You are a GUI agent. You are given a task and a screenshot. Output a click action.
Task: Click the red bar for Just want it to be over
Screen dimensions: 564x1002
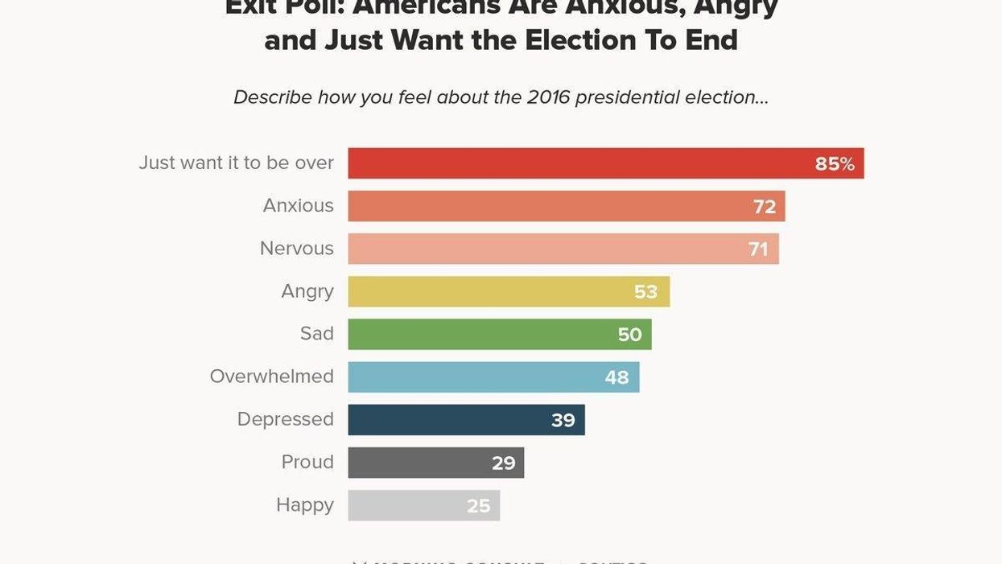click(x=579, y=163)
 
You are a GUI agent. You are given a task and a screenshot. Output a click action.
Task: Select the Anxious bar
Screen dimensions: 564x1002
click(x=547, y=206)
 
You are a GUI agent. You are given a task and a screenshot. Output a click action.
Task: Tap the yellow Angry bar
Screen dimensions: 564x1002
click(x=491, y=291)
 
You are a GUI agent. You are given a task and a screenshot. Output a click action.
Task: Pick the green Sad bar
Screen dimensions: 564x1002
click(x=483, y=334)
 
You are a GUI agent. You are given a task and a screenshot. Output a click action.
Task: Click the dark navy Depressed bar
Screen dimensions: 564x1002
click(x=451, y=420)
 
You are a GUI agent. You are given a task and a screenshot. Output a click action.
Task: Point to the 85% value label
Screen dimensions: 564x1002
click(x=835, y=164)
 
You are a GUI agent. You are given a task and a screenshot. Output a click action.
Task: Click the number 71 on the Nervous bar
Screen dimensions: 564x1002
click(x=758, y=249)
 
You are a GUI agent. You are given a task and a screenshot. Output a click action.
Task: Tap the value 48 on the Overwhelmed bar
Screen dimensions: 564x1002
click(x=616, y=377)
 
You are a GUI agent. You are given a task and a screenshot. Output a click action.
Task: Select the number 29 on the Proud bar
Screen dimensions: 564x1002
click(x=504, y=463)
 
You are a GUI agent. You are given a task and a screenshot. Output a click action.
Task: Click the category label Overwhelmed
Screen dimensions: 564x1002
click(x=271, y=377)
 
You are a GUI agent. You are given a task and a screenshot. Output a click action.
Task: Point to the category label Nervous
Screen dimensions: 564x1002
click(x=296, y=249)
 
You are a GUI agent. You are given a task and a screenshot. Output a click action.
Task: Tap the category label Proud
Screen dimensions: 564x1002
click(x=307, y=462)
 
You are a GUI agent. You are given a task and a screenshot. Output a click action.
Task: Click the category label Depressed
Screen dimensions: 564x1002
click(x=285, y=419)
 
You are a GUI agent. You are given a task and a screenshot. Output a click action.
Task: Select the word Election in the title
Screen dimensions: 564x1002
click(x=579, y=40)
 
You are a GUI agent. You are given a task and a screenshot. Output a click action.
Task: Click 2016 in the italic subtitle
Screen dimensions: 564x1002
click(x=548, y=97)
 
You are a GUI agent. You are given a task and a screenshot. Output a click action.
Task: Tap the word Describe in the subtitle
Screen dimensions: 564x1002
click(x=272, y=97)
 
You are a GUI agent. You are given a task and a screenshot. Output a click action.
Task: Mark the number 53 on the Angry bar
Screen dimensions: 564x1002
click(x=645, y=292)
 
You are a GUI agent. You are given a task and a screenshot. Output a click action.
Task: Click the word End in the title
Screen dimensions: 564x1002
click(x=711, y=40)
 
